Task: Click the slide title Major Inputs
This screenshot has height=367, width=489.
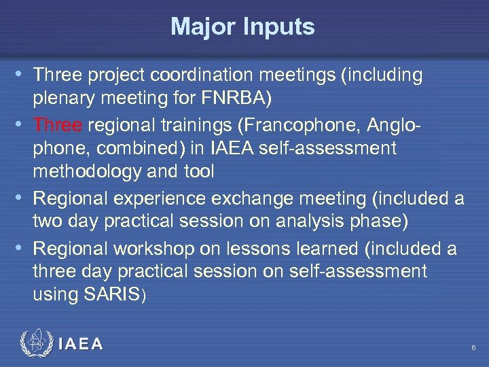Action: [x=242, y=27]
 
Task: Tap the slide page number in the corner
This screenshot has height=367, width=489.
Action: [x=473, y=348]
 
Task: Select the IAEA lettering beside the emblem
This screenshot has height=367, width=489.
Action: [x=81, y=345]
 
